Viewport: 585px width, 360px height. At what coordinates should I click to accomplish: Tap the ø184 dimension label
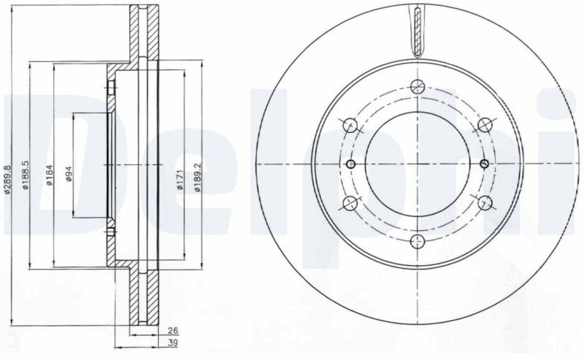(50, 175)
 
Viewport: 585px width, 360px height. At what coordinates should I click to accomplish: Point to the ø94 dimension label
(69, 174)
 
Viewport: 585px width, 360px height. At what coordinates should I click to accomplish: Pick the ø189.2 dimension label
(198, 178)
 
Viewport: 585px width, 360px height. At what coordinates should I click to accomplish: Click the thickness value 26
(173, 331)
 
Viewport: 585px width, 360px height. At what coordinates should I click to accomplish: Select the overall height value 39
(173, 342)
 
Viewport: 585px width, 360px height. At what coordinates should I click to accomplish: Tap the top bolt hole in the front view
(417, 87)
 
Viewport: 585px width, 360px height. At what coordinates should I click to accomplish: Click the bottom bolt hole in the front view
(417, 241)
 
